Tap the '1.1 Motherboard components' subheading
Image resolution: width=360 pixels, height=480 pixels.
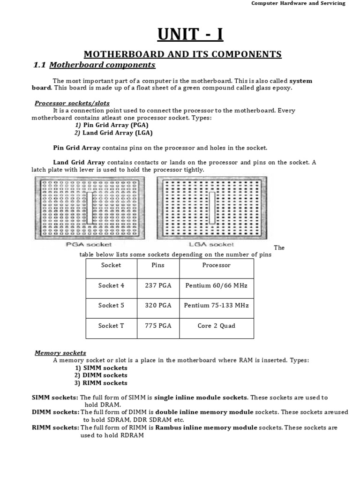[94, 65]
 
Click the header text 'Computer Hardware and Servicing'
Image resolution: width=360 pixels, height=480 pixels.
[298, 3]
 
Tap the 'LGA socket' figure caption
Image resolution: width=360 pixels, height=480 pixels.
[211, 245]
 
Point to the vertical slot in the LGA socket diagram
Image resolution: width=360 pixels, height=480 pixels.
[212, 207]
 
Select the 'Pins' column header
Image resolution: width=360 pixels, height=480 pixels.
[158, 265]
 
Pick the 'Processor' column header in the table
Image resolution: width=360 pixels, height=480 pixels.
[216, 265]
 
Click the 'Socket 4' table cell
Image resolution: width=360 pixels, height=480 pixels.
[111, 285]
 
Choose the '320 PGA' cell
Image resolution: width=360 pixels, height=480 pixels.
[158, 305]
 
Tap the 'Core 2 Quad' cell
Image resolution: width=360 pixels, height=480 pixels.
[216, 326]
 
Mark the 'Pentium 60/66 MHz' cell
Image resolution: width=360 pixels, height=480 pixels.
[216, 285]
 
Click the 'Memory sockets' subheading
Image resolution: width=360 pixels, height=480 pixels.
[60, 353]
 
